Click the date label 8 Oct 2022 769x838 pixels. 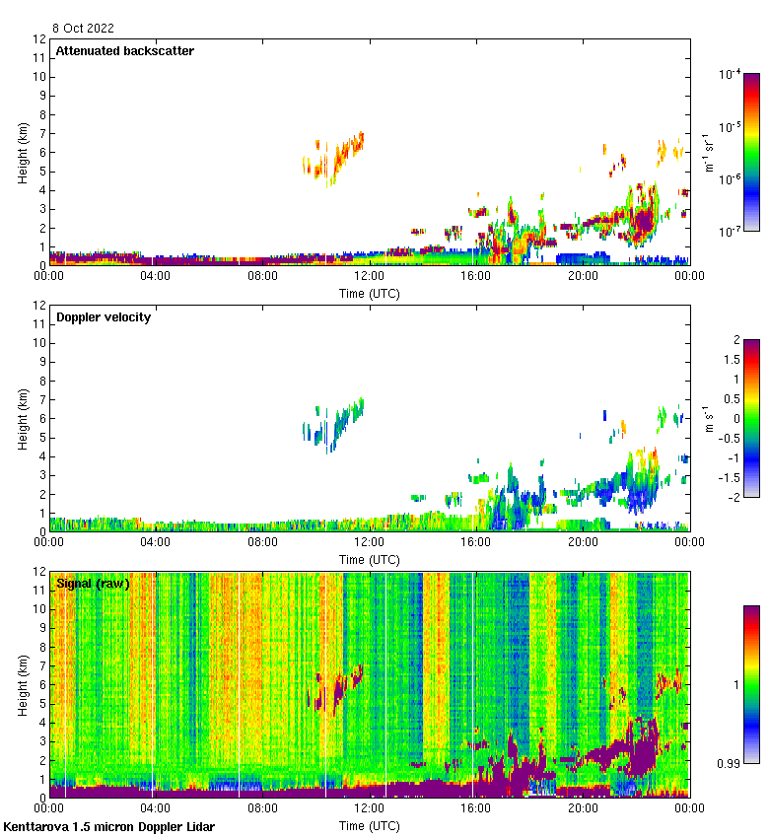pos(85,29)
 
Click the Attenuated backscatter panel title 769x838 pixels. pos(124,51)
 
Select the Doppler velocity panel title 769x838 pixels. pos(104,317)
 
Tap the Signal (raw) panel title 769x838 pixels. pos(93,584)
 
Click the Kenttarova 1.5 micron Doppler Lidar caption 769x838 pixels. pos(108,827)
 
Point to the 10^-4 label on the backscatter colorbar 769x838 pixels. pos(730,74)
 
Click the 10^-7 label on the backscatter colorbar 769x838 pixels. pos(730,233)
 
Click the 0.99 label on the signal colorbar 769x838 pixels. pos(731,764)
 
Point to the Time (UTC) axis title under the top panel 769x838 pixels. pos(369,293)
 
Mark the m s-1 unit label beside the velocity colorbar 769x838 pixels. pos(708,419)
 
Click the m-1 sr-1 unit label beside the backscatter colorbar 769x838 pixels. pos(708,153)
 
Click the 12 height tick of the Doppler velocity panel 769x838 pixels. pos(40,306)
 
